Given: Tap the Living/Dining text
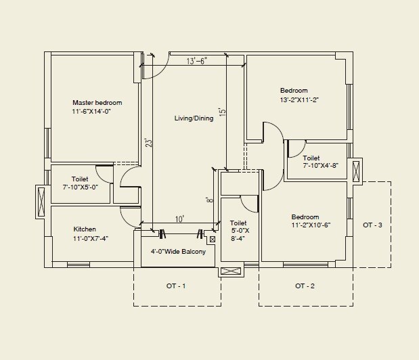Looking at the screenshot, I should (194, 118).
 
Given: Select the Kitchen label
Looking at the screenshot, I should (85, 229).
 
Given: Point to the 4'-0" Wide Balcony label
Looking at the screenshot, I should (179, 250).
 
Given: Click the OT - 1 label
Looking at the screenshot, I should (176, 286).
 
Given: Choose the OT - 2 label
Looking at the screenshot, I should (305, 286).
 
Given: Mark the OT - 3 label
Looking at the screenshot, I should (372, 225).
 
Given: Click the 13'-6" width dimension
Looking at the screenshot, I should (196, 61).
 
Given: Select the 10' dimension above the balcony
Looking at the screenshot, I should (179, 219).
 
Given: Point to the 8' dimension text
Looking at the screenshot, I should (211, 201).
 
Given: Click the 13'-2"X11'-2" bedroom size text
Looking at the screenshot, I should (299, 100).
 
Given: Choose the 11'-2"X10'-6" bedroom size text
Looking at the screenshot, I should (311, 225).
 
